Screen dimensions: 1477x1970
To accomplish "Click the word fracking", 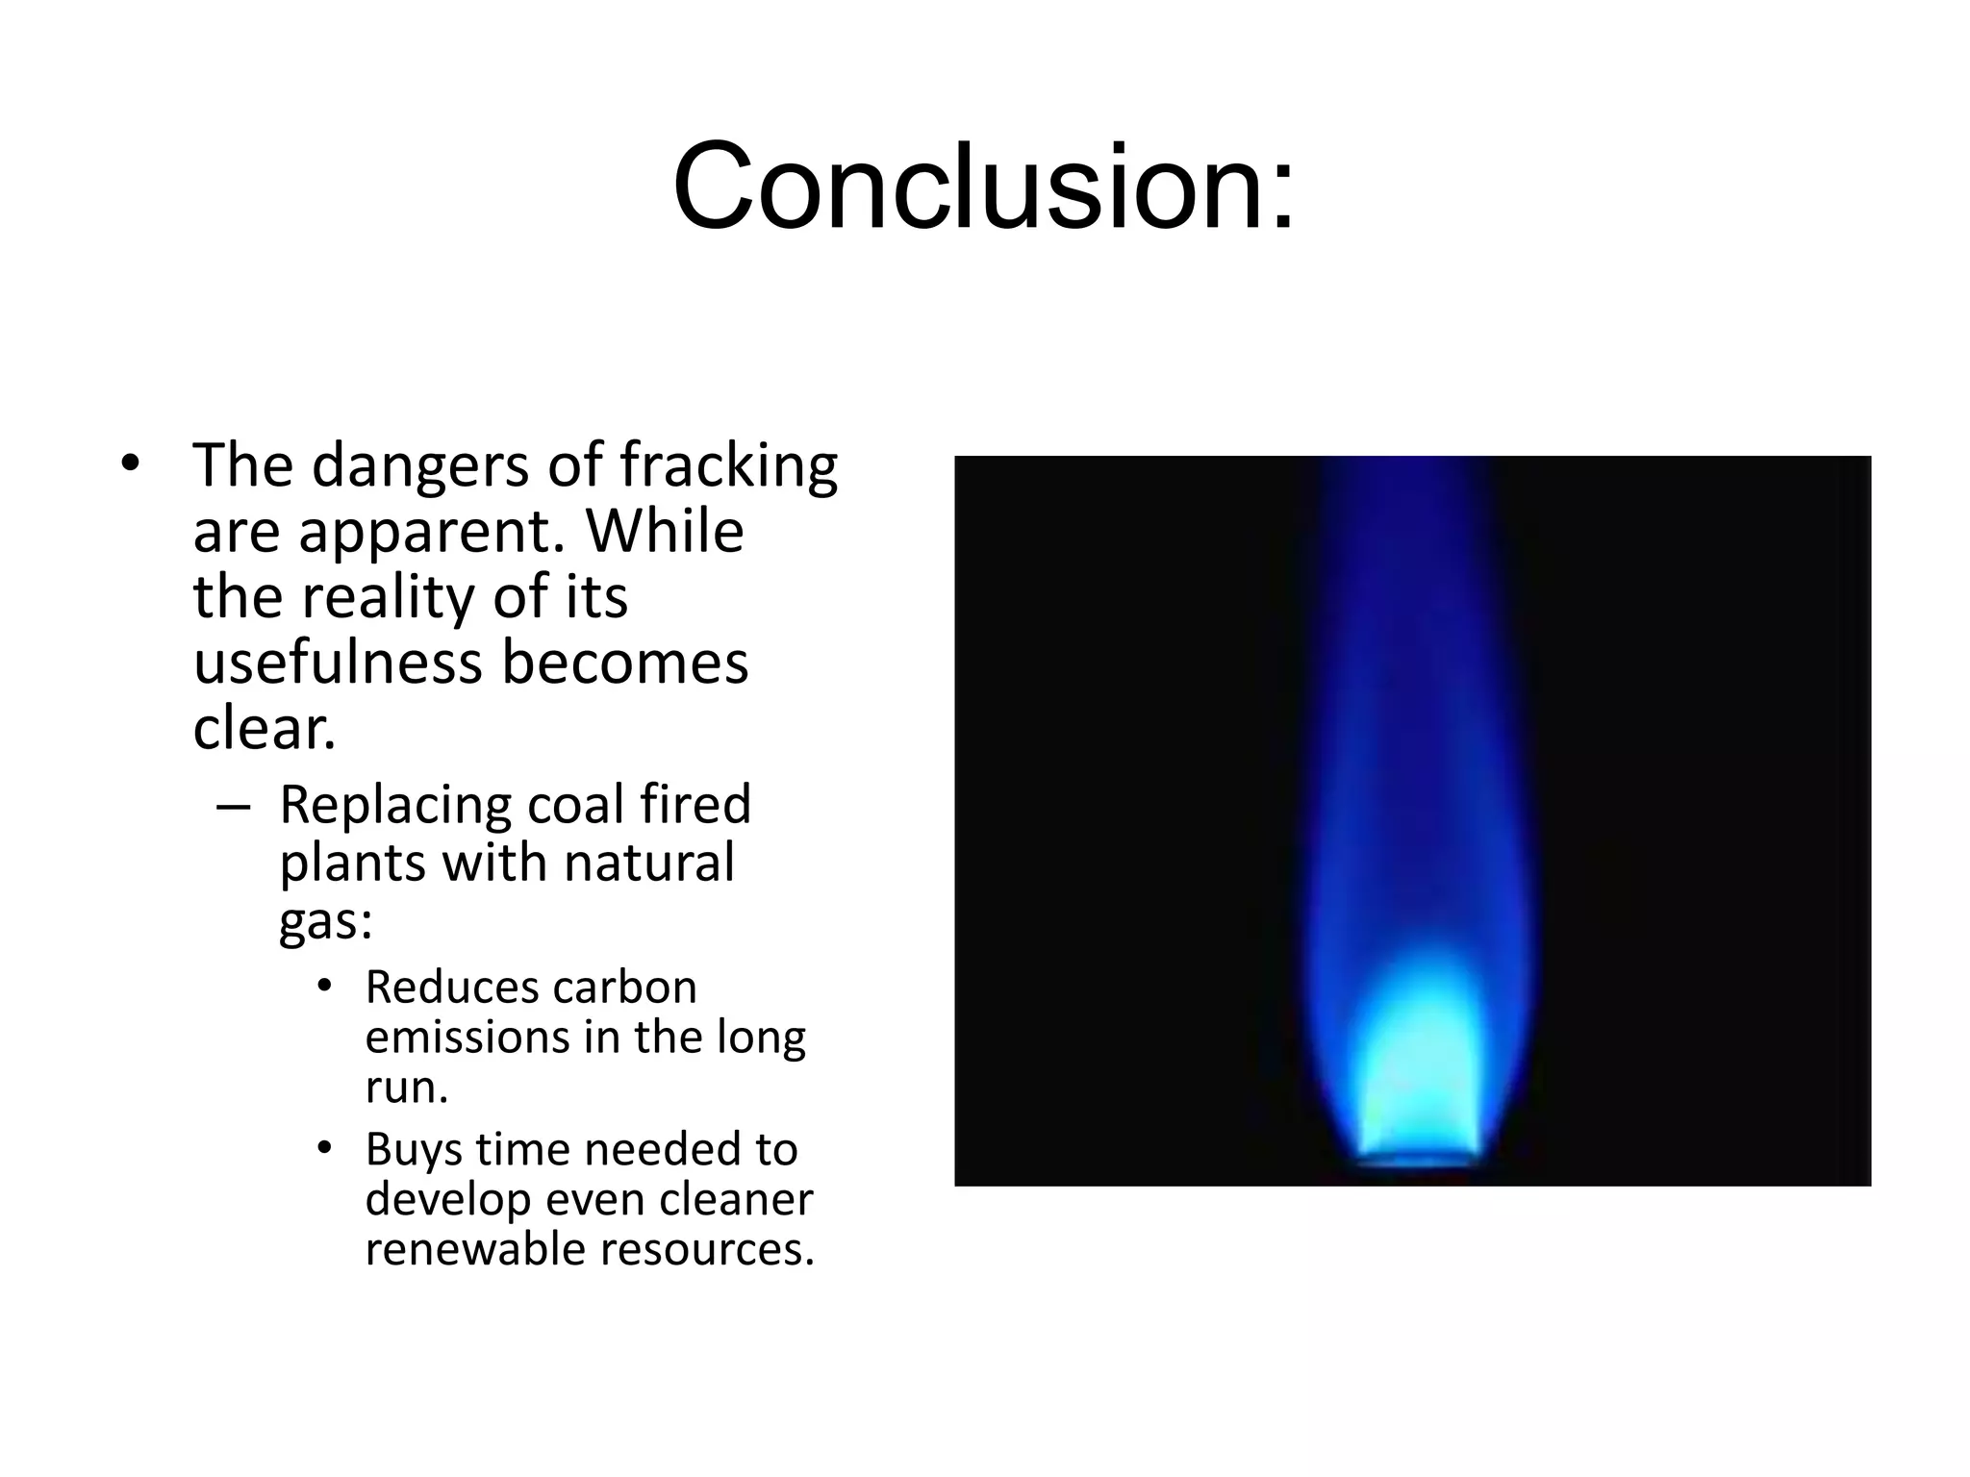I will pyautogui.click(x=728, y=467).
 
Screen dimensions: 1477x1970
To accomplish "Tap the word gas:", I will pyautogui.click(x=325, y=921).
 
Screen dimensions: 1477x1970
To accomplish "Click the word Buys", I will pyautogui.click(x=413, y=1150).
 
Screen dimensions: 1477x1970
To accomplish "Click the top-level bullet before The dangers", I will pyautogui.click(x=130, y=465).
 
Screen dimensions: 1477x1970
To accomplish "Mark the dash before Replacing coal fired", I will pyautogui.click(x=233, y=807).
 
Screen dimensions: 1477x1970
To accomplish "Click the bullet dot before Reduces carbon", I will pyautogui.click(x=324, y=987).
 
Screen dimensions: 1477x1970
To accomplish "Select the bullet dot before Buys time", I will pyautogui.click(x=324, y=1148).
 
